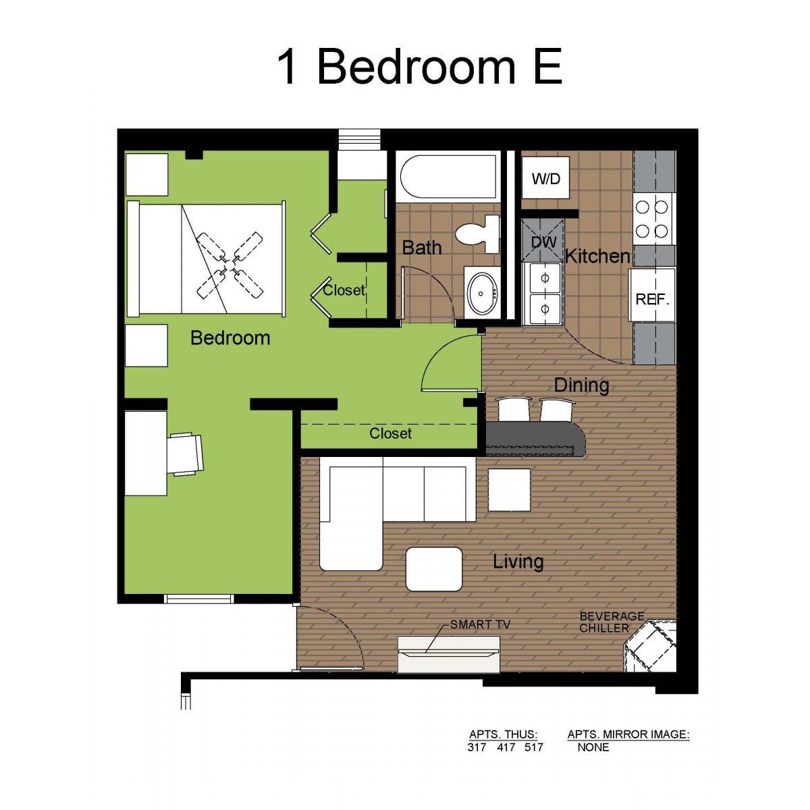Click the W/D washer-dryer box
(x=545, y=178)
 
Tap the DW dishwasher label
(x=543, y=242)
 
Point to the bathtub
(x=448, y=177)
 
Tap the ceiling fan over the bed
(x=230, y=265)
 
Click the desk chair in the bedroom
(x=186, y=454)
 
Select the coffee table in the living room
(x=434, y=569)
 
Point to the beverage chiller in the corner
(x=650, y=646)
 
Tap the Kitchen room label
(x=597, y=256)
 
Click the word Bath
(x=422, y=248)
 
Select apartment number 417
(x=506, y=747)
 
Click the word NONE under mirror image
(x=593, y=747)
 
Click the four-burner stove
(x=653, y=219)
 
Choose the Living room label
(x=518, y=562)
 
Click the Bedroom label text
(x=230, y=338)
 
